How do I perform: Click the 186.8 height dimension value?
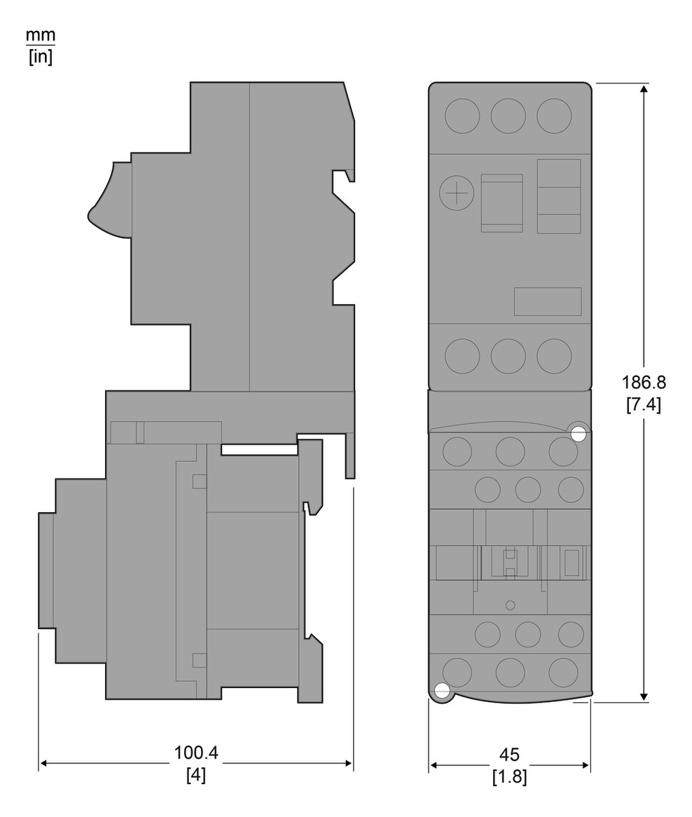click(644, 383)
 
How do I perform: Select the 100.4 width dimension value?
click(196, 753)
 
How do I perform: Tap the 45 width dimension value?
click(509, 755)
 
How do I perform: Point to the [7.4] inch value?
click(644, 405)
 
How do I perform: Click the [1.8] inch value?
click(509, 777)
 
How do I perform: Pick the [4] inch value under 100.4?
click(196, 775)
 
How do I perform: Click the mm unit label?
click(41, 36)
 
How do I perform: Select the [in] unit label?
click(41, 56)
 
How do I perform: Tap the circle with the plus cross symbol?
click(457, 193)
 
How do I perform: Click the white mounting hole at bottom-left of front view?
click(442, 691)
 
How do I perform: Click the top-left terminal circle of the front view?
click(462, 116)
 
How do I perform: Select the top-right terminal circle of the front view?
click(554, 116)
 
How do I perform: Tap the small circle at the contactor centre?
click(511, 605)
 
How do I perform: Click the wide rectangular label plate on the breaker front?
click(548, 301)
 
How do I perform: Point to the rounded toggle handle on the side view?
click(110, 200)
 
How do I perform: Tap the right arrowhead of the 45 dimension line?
click(585, 765)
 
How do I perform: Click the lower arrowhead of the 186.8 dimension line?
click(644, 696)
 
